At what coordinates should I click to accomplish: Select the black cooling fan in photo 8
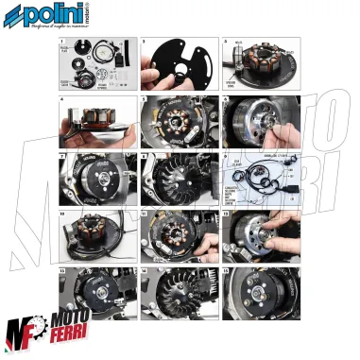point(174,180)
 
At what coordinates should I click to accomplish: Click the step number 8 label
point(144,155)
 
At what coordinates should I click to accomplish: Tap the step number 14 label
point(144,270)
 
